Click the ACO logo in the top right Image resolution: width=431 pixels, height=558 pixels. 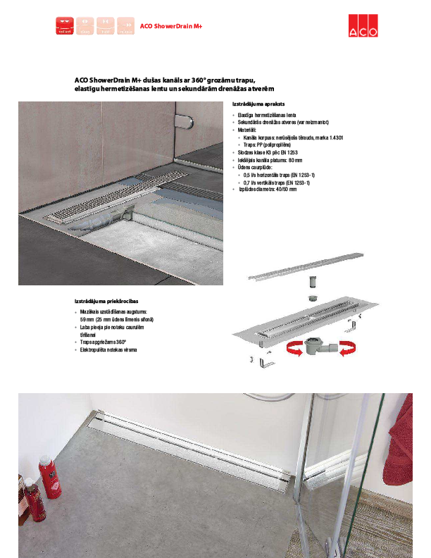363,25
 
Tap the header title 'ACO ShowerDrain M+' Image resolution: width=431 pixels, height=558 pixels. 171,27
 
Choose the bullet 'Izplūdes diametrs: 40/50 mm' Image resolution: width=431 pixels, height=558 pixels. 268,190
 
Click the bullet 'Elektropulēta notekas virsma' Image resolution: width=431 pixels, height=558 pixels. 108,349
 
